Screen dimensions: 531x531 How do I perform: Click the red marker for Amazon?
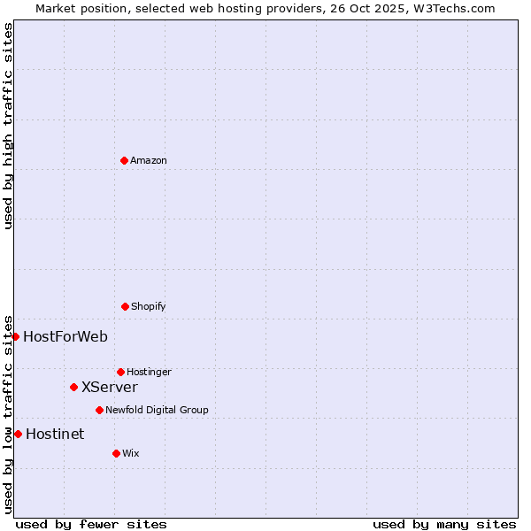click(124, 160)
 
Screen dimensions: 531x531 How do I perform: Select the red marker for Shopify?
click(125, 306)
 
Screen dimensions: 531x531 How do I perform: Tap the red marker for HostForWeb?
click(15, 336)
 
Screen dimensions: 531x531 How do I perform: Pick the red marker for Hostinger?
click(120, 372)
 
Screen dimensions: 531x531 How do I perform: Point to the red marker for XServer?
click(73, 387)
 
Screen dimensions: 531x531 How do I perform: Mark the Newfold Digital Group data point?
click(99, 410)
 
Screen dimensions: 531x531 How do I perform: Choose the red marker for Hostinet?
click(18, 434)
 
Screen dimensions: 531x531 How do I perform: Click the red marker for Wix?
click(116, 453)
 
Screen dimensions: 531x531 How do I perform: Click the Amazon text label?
click(149, 160)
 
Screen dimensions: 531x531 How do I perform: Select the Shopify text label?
click(149, 306)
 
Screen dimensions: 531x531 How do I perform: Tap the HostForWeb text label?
click(65, 336)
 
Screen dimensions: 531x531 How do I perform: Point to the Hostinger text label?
click(149, 372)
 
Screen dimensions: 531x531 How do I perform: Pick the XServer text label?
click(110, 387)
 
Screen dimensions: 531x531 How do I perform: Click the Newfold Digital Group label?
click(157, 410)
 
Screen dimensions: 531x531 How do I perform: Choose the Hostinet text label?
click(55, 434)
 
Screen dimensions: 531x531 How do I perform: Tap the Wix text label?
click(131, 453)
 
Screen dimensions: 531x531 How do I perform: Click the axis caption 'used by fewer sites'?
click(91, 524)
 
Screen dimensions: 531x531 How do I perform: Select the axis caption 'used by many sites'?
click(444, 524)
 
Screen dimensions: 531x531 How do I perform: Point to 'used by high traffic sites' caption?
click(8, 126)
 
